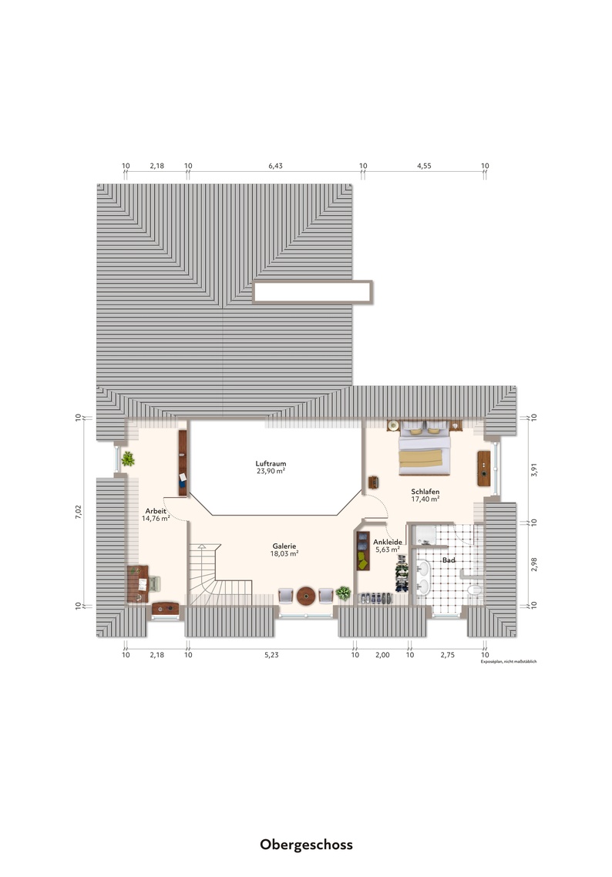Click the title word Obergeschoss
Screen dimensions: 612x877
point(306,845)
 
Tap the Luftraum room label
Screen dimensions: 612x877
point(271,464)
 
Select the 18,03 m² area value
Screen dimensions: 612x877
point(284,554)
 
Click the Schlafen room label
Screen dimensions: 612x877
point(425,492)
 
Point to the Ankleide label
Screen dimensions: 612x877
point(388,542)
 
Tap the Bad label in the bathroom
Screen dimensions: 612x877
point(449,559)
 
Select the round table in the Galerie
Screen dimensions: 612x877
point(306,596)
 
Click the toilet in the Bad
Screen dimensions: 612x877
point(475,590)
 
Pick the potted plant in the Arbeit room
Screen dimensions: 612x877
point(128,459)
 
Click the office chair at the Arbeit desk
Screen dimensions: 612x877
point(153,583)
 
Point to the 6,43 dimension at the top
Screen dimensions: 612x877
point(275,166)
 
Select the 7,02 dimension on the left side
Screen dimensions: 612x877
point(79,512)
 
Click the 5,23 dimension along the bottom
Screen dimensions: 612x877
point(271,655)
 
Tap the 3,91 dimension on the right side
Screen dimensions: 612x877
point(534,470)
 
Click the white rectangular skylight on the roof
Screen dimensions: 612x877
point(312,292)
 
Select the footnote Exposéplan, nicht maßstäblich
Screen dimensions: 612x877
point(509,662)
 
